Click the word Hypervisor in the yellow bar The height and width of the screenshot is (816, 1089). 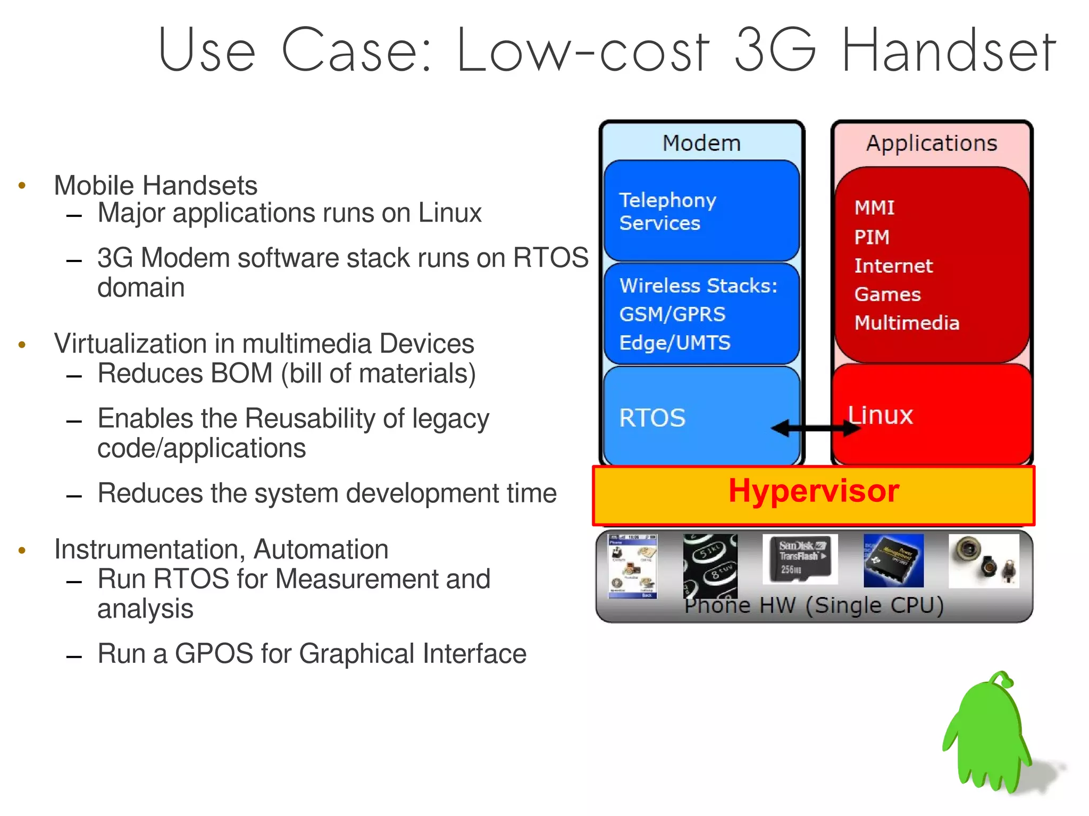[813, 491]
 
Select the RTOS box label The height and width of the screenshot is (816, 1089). [652, 418]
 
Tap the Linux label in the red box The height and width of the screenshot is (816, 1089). [880, 415]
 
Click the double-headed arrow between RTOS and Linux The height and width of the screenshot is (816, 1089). [816, 427]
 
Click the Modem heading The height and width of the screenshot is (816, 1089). [701, 143]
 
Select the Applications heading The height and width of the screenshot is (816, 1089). [932, 143]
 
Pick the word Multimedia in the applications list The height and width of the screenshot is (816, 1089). [907, 323]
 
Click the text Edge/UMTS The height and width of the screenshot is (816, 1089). [675, 343]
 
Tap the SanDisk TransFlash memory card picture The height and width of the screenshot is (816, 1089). [800, 559]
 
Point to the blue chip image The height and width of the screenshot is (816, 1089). [893, 560]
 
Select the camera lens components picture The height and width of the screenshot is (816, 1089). [984, 561]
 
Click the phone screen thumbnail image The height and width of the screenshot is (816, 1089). [633, 566]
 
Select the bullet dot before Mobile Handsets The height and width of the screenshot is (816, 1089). [22, 186]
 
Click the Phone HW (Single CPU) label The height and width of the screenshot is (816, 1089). [814, 605]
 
